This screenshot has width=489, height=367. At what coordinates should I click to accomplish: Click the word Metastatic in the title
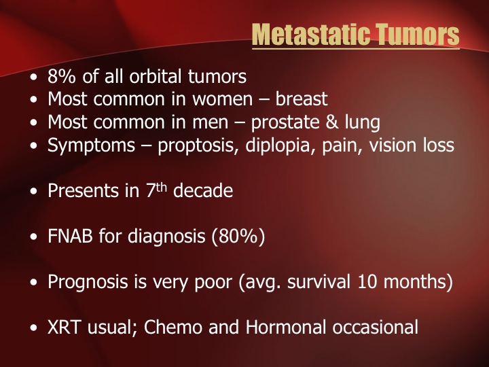pyautogui.click(x=310, y=35)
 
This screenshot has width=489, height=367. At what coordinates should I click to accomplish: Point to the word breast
pyautogui.click(x=302, y=99)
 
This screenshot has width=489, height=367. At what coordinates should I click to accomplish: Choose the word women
pyautogui.click(x=222, y=99)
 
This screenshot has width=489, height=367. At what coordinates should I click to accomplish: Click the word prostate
pyautogui.click(x=285, y=122)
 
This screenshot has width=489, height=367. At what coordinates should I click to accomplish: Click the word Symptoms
pyautogui.click(x=91, y=145)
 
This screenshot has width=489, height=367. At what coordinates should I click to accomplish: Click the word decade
pyautogui.click(x=203, y=190)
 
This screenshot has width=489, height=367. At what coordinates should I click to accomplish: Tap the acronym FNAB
pyautogui.click(x=70, y=237)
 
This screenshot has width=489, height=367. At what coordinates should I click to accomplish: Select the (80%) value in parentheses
pyautogui.click(x=238, y=237)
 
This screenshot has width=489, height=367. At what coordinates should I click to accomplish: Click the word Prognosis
pyautogui.click(x=88, y=282)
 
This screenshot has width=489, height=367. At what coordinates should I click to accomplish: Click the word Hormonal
pyautogui.click(x=286, y=327)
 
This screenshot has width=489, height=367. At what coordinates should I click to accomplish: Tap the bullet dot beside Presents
pyautogui.click(x=33, y=191)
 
